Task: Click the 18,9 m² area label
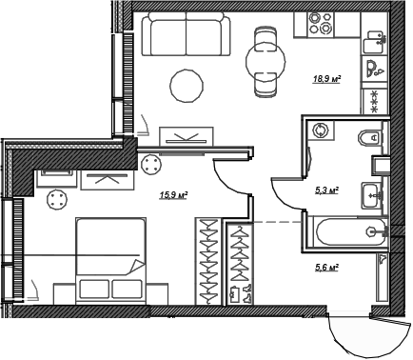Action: (326, 80)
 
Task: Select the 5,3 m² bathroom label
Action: (326, 190)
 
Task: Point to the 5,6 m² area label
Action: (326, 269)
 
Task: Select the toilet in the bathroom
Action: (373, 139)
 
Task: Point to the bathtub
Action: (346, 231)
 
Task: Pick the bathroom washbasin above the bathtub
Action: (371, 194)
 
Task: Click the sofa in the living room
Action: (187, 35)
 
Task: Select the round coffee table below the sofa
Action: (186, 87)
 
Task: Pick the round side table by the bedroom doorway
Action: (151, 164)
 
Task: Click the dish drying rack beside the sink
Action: (374, 101)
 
